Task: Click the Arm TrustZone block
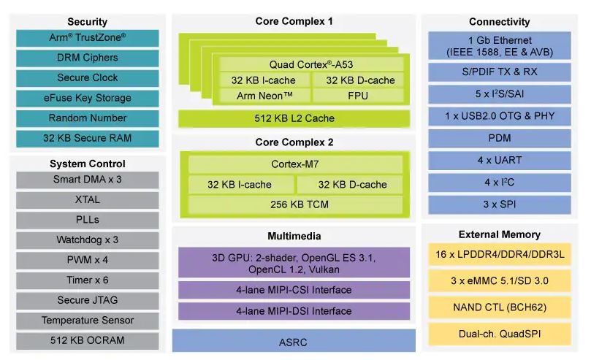tap(88, 38)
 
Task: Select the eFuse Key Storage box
tap(88, 99)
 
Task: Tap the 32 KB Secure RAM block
tap(88, 139)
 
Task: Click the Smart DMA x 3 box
tap(88, 180)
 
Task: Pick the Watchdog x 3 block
tap(88, 240)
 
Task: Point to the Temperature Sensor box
tap(88, 321)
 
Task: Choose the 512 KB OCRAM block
tap(88, 341)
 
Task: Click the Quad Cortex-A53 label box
tap(311, 64)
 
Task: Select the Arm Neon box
tap(264, 96)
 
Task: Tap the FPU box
tap(358, 96)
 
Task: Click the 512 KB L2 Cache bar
tap(294, 118)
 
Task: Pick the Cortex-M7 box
tap(295, 164)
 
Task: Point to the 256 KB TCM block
tap(295, 204)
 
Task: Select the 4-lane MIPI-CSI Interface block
tap(294, 290)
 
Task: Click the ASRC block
tap(294, 341)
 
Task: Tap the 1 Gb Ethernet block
tap(500, 45)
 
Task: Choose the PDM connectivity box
tap(500, 139)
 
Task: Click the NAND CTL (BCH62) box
tap(500, 307)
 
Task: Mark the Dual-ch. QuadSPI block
tap(500, 334)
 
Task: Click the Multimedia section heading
tap(294, 236)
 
